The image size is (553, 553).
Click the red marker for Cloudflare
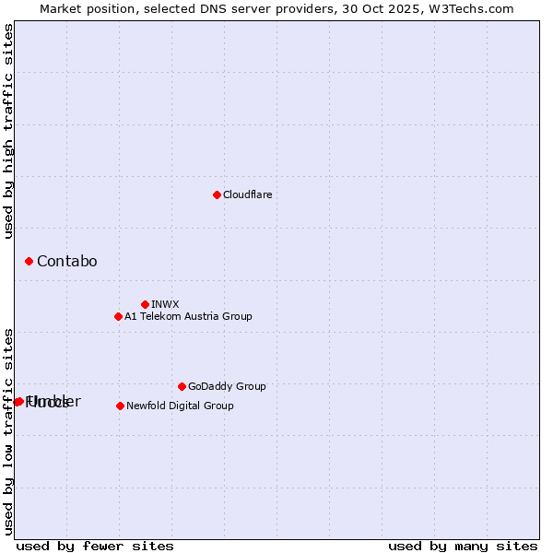pyautogui.click(x=217, y=194)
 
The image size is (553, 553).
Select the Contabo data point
pyautogui.click(x=29, y=262)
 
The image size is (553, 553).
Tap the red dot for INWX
pyautogui.click(x=145, y=304)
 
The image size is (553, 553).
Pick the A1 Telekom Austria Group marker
pyautogui.click(x=118, y=316)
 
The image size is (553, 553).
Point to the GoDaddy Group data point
pyautogui.click(x=182, y=386)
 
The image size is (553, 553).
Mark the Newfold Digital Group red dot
pyautogui.click(x=120, y=406)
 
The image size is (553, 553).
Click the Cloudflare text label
pyautogui.click(x=247, y=194)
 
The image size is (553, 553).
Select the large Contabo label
pyautogui.click(x=66, y=262)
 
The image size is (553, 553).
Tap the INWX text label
pyautogui.click(x=165, y=304)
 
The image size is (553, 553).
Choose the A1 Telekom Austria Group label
pyautogui.click(x=188, y=316)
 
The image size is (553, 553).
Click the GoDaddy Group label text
pyautogui.click(x=226, y=386)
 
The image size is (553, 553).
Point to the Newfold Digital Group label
pyautogui.click(x=180, y=406)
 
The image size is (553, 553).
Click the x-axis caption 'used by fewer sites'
pyautogui.click(x=95, y=546)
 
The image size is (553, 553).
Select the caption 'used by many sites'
pyautogui.click(x=463, y=546)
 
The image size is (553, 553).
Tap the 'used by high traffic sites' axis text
pyautogui.click(x=9, y=131)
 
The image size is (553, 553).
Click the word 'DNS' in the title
pyautogui.click(x=205, y=8)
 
